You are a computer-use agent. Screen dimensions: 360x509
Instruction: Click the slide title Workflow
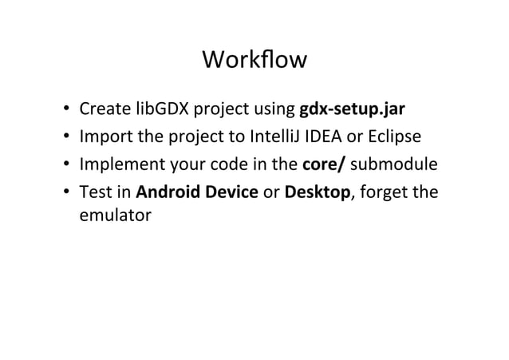[254, 61]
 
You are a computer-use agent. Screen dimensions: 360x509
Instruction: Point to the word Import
[105, 137]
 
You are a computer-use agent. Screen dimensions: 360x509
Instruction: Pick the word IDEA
[321, 137]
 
